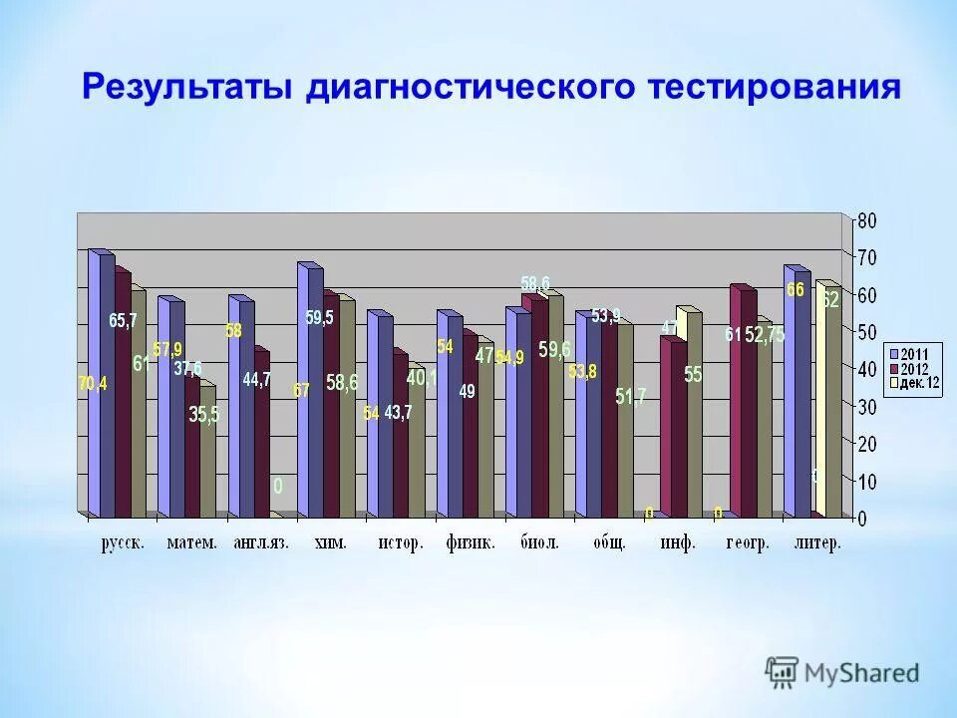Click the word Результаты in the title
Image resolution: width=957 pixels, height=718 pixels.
(x=186, y=87)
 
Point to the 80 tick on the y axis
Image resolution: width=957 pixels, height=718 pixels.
(x=868, y=219)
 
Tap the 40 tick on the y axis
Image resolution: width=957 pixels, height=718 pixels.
(x=868, y=369)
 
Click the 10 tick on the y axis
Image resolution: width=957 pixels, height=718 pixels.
(x=868, y=482)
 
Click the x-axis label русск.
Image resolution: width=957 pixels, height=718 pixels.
(x=123, y=543)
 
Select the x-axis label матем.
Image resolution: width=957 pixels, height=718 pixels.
(x=191, y=543)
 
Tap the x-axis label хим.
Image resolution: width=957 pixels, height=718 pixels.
(x=331, y=543)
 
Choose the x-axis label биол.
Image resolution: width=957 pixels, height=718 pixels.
(x=539, y=543)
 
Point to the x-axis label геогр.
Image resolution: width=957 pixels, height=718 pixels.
(x=747, y=543)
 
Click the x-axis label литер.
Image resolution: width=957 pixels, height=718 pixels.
(x=817, y=543)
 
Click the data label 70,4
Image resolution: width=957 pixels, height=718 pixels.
(x=94, y=384)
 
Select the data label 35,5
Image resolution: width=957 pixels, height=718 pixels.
(x=203, y=416)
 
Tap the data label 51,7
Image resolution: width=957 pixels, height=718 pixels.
(x=630, y=396)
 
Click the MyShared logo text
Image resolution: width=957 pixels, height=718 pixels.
(x=861, y=673)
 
